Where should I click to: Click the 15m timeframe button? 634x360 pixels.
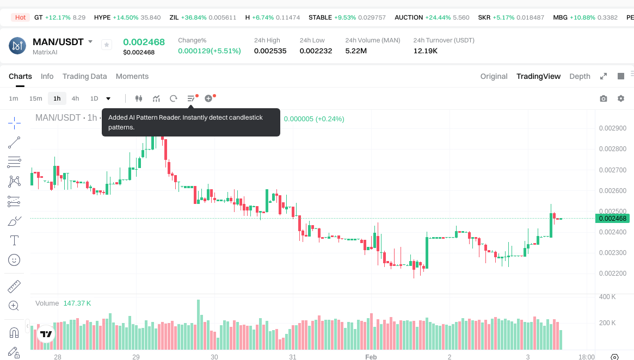point(35,98)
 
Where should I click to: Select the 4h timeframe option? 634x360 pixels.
point(75,98)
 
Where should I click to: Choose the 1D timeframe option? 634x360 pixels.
point(94,98)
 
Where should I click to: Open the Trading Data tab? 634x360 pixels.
point(84,76)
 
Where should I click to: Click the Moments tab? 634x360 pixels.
point(132,76)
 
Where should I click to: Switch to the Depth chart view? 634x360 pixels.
point(580,76)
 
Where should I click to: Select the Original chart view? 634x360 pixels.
point(494,76)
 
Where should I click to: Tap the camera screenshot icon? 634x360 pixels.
point(603,98)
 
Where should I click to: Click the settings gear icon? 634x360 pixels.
point(621,98)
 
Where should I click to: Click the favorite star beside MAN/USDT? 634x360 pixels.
point(107,45)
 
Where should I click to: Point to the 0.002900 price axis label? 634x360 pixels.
point(612,128)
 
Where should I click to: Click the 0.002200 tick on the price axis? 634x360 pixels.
point(612,274)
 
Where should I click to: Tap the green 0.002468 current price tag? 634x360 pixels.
point(613,219)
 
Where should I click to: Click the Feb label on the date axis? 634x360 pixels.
point(371,357)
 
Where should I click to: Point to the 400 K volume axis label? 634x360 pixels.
point(607,297)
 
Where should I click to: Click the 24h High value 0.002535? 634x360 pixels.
point(270,51)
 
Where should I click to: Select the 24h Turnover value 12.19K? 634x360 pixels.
point(426,51)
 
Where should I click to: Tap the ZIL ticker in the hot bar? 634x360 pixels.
point(174,17)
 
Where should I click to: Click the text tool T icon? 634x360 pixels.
point(14,240)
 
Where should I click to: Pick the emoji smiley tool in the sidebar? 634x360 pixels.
point(14,260)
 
